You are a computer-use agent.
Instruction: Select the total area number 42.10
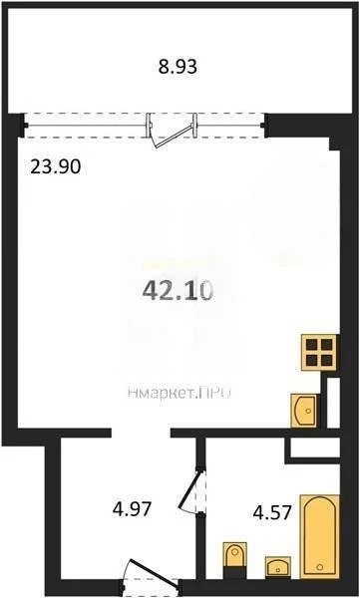point(174,290)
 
